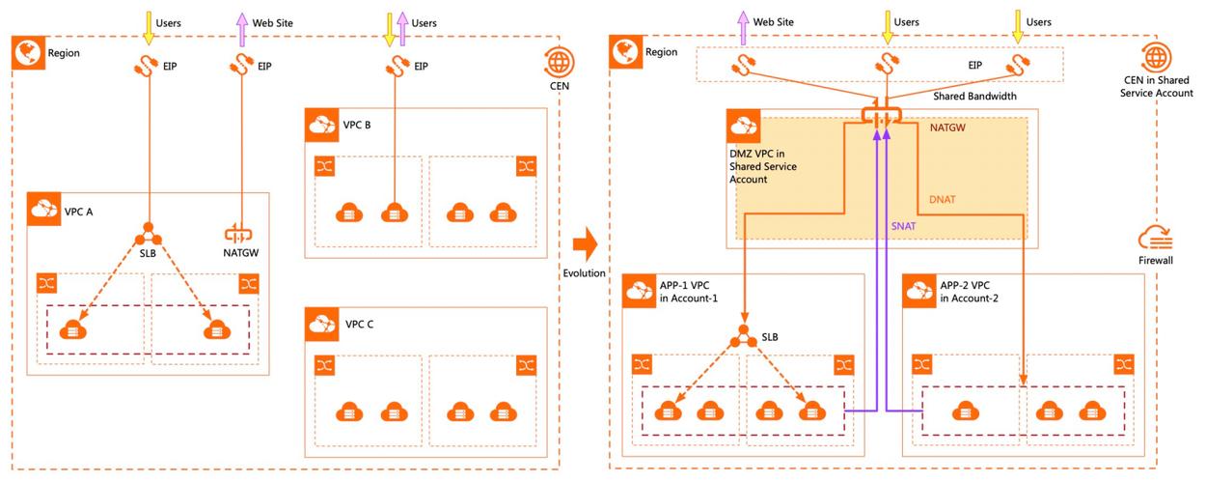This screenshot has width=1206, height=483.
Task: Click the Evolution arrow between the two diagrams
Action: coord(584,241)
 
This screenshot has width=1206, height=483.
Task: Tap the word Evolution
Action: coord(584,273)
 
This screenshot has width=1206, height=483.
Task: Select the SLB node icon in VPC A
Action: coord(148,235)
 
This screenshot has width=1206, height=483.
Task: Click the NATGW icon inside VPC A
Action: coord(236,234)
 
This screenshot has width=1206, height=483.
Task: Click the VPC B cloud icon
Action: coord(320,125)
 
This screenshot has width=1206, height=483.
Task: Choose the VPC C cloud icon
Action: coord(320,324)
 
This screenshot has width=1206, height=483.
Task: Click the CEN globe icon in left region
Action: coord(558,63)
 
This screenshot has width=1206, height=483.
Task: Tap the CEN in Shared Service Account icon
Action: coord(1155,56)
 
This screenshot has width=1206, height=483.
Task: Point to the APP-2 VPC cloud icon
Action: coord(918,290)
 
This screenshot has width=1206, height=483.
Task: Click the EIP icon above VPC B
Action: coord(394,66)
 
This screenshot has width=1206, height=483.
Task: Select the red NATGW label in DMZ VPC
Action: coord(949,127)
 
